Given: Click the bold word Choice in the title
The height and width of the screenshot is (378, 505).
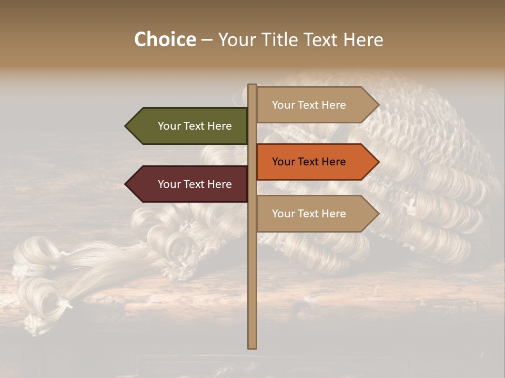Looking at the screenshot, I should coord(165,40).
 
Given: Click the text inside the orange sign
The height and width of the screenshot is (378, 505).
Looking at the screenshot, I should coord(309,162).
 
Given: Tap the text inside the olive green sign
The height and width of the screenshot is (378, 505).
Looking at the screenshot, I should coord(195,126).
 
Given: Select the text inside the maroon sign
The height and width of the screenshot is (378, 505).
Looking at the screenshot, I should coord(195,184).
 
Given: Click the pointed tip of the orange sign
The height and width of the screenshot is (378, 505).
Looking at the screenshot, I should coord(378,162).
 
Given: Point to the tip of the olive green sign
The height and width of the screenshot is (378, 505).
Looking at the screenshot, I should coord(126,126).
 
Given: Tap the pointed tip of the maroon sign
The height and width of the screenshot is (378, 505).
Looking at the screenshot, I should coord(126,184).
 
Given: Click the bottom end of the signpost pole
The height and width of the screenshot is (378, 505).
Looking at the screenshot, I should coord(252,346).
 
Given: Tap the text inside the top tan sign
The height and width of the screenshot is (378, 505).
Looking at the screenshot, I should coord(309,105).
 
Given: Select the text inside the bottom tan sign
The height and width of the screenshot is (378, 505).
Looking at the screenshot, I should coord(309,214).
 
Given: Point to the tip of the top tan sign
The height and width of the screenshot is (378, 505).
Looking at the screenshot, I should coord(378,105).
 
